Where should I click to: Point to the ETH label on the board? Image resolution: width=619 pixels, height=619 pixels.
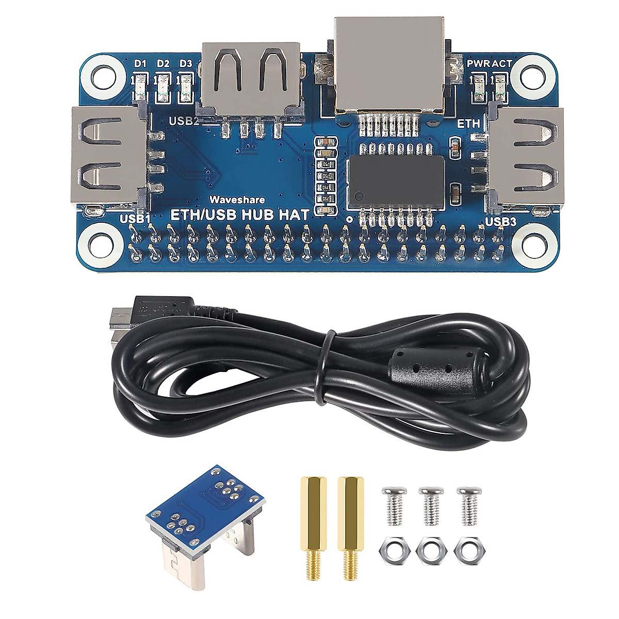pos(469,124)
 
